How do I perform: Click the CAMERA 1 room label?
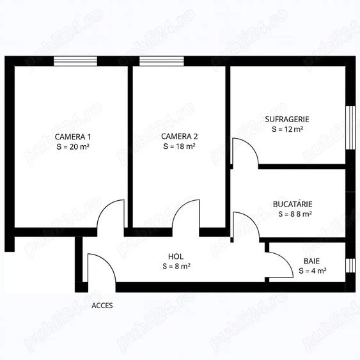pos(72,136)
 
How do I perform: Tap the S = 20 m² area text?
pos(72,146)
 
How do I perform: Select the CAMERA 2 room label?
pos(179,136)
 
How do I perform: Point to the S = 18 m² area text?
pos(179,146)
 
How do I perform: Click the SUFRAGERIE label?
pos(287,119)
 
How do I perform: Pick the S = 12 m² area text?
pos(287,129)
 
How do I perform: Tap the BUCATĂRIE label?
pos(292,204)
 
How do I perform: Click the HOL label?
pos(175,256)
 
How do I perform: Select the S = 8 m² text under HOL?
pos(175,267)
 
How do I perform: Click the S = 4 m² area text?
pos(313,271)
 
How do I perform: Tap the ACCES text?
pos(102,306)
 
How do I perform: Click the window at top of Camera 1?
pos(75,61)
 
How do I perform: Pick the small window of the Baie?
pos(349,266)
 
